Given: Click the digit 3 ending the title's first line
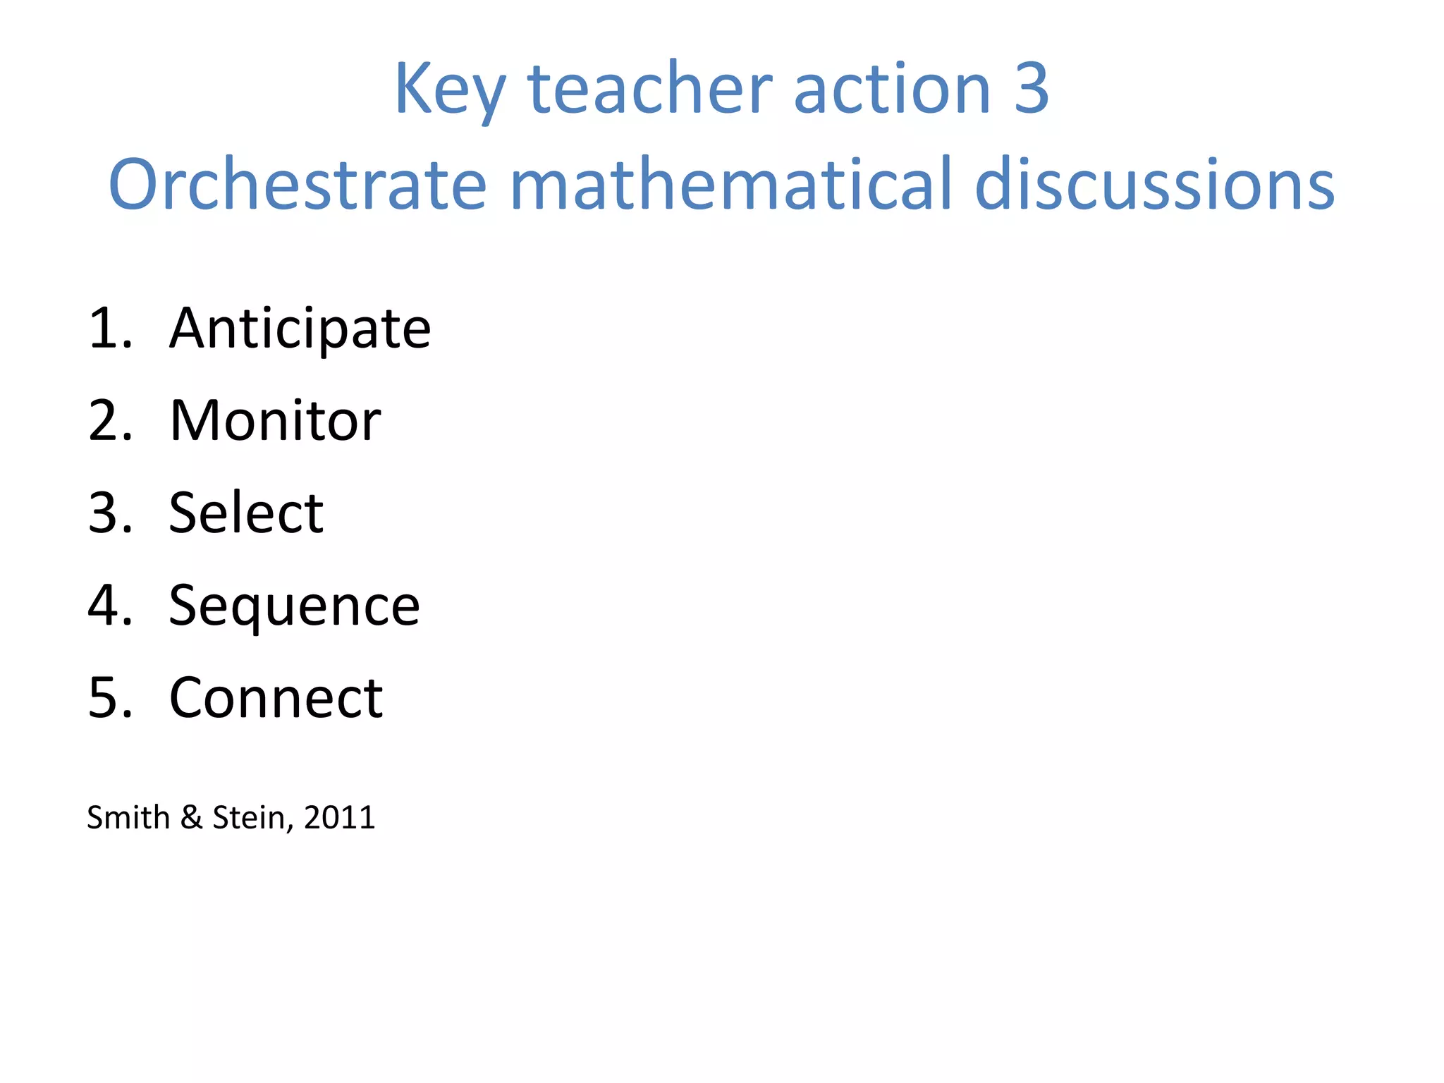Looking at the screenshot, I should coord(1031,89).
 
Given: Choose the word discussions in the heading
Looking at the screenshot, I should coord(1154,185).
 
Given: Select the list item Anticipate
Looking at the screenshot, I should coord(300,329).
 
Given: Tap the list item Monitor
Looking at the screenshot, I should coord(275,421).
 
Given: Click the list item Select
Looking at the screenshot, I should coord(246,513).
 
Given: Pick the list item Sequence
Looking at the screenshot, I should coord(294,606).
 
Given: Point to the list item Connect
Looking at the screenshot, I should coord(276,698).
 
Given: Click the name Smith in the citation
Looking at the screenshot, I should coord(128,818).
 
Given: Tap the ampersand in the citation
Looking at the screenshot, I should coord(191,818).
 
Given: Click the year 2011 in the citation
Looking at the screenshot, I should coord(339,818).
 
